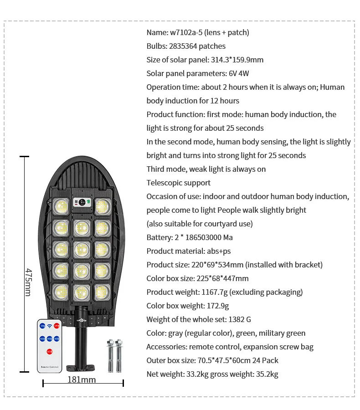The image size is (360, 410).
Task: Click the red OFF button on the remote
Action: tap(57, 326)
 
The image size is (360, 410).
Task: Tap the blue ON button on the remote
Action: tap(42, 326)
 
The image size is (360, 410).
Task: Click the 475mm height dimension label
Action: tap(28, 282)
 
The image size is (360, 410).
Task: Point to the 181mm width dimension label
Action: tap(82, 379)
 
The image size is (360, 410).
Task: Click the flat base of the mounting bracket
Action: tap(82, 367)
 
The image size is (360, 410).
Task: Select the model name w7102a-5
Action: tap(186, 32)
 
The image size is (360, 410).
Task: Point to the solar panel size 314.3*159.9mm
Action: tap(237, 60)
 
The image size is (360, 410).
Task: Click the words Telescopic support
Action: tap(178, 183)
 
